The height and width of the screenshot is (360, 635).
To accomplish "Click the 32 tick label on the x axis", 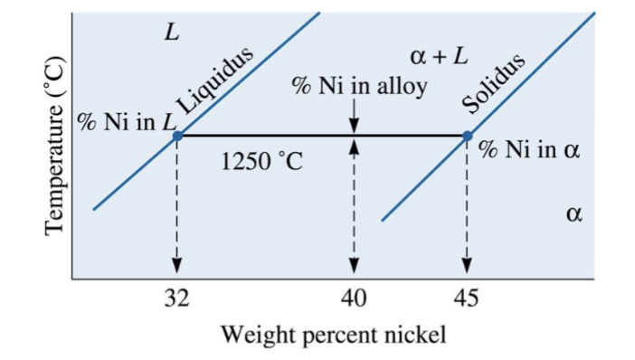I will point(176,299).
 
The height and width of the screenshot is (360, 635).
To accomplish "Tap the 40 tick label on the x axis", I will point(355,299).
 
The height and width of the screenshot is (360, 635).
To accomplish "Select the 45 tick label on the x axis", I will point(466,299).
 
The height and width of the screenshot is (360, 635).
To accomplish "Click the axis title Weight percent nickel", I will point(334,336).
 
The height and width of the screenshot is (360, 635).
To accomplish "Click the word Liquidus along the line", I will point(217,80).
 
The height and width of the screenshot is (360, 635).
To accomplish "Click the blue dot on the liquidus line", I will point(177,136).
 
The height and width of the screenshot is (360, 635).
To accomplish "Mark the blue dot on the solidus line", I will point(467,136).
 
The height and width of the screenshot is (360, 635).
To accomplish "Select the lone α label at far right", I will point(572,215).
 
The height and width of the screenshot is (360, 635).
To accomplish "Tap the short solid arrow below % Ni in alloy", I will point(355,116).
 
